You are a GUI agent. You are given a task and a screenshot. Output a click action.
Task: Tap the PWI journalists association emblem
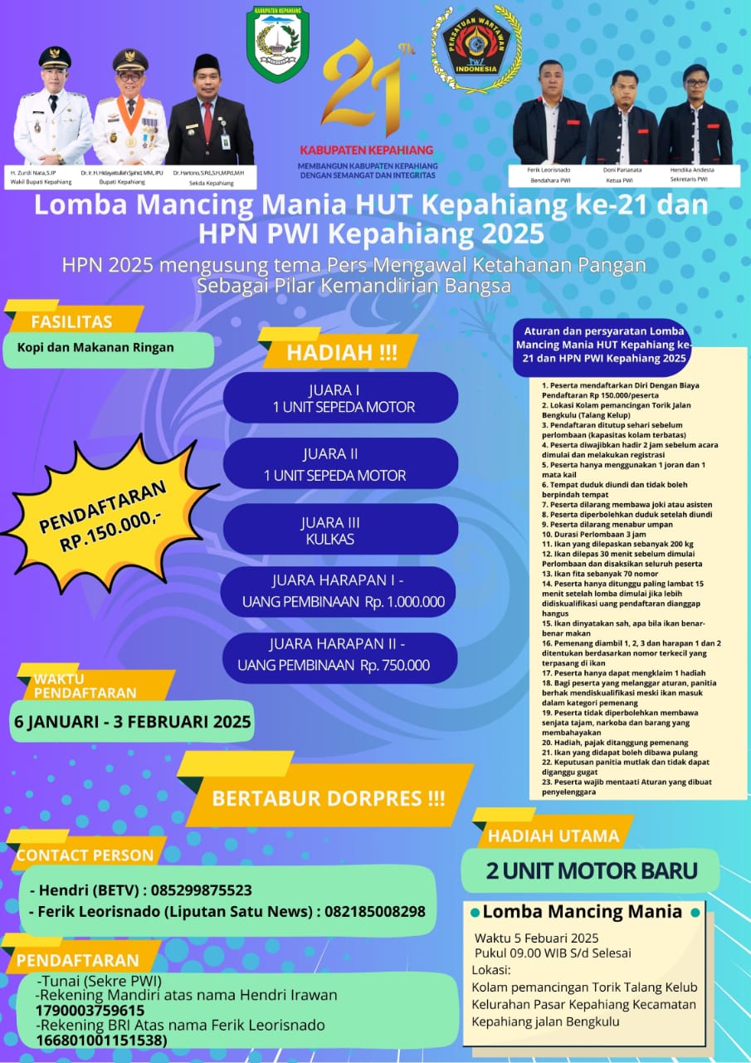476,49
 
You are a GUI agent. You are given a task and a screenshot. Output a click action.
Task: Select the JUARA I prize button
340,398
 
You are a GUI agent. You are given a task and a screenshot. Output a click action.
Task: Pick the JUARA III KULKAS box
340,530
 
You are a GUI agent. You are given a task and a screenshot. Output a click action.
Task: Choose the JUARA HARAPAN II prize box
338,655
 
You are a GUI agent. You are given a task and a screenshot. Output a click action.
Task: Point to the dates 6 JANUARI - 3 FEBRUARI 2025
132,721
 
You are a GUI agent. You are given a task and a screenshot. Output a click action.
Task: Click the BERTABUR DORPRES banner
328,798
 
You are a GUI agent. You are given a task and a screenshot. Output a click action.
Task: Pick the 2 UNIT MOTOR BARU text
591,870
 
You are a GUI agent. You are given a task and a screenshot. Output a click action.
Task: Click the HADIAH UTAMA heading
553,835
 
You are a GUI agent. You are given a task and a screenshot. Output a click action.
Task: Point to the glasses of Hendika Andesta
695,83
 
